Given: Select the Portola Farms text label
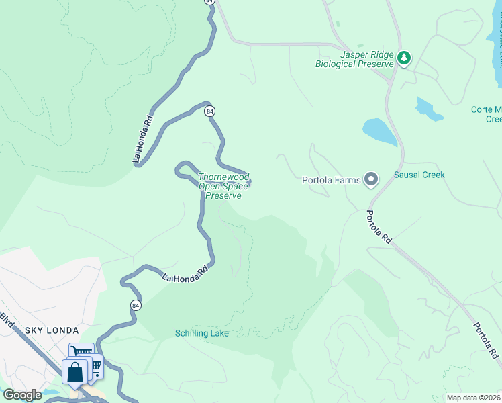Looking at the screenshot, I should click(331, 180).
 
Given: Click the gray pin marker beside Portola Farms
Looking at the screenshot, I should click(371, 179).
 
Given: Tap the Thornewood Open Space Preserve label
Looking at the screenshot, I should click(223, 187).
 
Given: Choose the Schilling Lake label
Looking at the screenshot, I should click(202, 333).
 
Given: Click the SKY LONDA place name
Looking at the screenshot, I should click(52, 330).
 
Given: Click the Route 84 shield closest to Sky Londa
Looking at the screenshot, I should click(136, 306).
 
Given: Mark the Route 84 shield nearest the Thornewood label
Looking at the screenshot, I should click(210, 111).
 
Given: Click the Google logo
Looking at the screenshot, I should click(22, 395).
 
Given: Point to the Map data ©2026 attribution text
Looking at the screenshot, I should click(473, 398).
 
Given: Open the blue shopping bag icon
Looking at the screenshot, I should click(74, 371).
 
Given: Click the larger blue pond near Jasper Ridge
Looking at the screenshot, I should click(379, 132).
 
